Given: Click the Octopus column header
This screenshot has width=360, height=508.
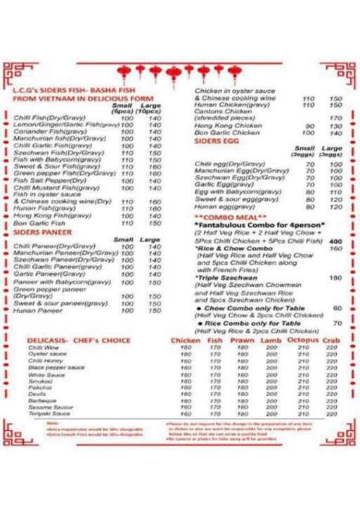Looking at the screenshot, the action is pyautogui.click(x=303, y=341).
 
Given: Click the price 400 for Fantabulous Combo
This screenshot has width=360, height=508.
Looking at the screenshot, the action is pyautogui.click(x=335, y=241).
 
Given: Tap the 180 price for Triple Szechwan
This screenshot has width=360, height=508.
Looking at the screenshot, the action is pyautogui.click(x=335, y=278).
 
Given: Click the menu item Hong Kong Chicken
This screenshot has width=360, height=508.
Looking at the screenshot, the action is pyautogui.click(x=218, y=126).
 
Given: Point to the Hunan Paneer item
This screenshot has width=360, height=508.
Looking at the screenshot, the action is pyautogui.click(x=38, y=310).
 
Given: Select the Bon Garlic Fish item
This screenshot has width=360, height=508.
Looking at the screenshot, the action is pyautogui.click(x=39, y=223).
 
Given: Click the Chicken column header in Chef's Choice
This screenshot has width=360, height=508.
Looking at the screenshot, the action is pyautogui.click(x=186, y=341).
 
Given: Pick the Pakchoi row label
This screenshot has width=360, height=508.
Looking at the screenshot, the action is pyautogui.click(x=40, y=388).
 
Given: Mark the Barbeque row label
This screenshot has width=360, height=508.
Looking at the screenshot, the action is pyautogui.click(x=42, y=401).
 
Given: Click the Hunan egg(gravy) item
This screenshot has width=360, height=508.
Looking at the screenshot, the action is pyautogui.click(x=223, y=207).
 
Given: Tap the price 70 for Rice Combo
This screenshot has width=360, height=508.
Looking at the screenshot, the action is pyautogui.click(x=337, y=323).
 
